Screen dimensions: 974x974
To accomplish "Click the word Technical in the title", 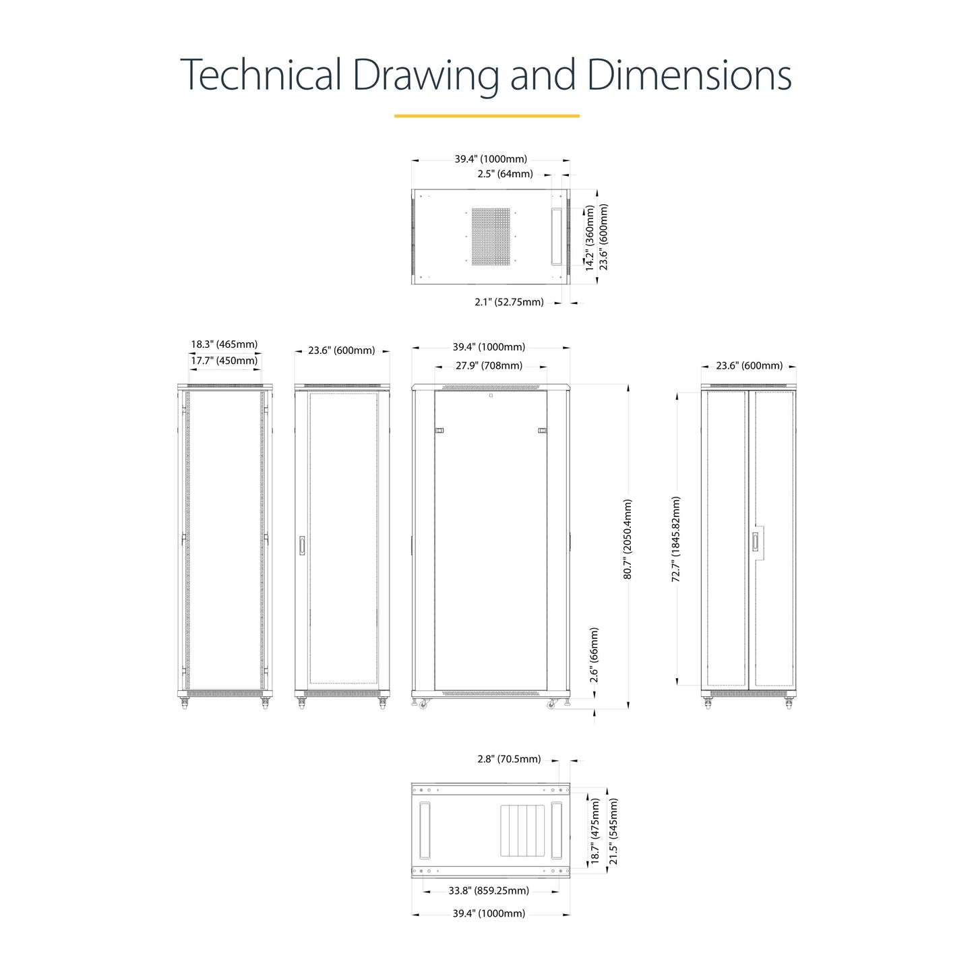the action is pos(261,74).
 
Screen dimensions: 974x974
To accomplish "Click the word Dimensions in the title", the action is pos(689,74).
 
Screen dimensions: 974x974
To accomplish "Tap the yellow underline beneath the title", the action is pos(486,116).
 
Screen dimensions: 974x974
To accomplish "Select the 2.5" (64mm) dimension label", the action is pos(505,174).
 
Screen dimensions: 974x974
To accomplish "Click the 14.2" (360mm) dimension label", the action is pos(590,238).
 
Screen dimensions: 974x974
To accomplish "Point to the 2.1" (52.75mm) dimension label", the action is pos(509,302).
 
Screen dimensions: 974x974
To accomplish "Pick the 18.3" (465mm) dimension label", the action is pos(224,344).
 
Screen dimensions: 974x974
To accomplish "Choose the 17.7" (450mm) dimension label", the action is pos(224,361).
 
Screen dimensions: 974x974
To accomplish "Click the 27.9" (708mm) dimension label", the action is pos(489,365).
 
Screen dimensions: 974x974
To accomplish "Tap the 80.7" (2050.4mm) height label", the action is pos(628,539).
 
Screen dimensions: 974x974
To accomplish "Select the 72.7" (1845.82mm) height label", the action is pos(676,539).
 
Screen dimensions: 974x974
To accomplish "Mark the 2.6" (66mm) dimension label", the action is pos(594,655).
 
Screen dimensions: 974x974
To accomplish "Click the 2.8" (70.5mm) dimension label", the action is pos(509,759).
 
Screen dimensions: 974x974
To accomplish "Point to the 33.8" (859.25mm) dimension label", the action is pos(489,890).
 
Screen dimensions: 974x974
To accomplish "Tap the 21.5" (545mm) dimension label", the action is pos(613,832).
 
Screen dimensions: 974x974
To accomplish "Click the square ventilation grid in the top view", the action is pos(491,237).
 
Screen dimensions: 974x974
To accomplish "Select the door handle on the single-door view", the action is pos(302,545).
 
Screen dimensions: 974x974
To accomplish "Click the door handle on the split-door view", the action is pos(755,541).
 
